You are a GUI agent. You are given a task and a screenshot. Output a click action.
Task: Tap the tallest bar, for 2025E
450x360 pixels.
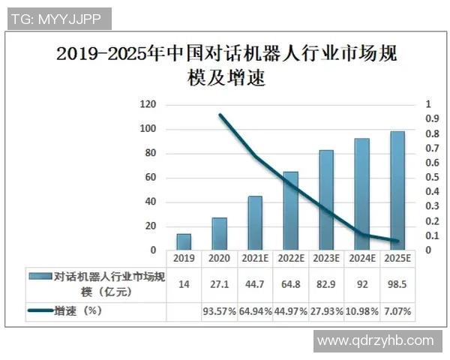pyautogui.click(x=397, y=190)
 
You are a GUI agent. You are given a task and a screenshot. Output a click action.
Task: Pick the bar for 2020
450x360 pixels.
pyautogui.click(x=219, y=233)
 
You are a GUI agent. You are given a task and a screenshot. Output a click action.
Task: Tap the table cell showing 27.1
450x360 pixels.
pyautogui.click(x=219, y=284)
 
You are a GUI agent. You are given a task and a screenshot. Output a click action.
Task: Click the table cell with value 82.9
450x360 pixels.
pyautogui.click(x=326, y=284)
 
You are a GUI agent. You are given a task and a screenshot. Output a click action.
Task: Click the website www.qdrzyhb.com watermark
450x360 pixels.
pyautogui.click(x=375, y=340)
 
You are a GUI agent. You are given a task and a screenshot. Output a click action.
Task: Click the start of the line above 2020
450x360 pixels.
pyautogui.click(x=220, y=115)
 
